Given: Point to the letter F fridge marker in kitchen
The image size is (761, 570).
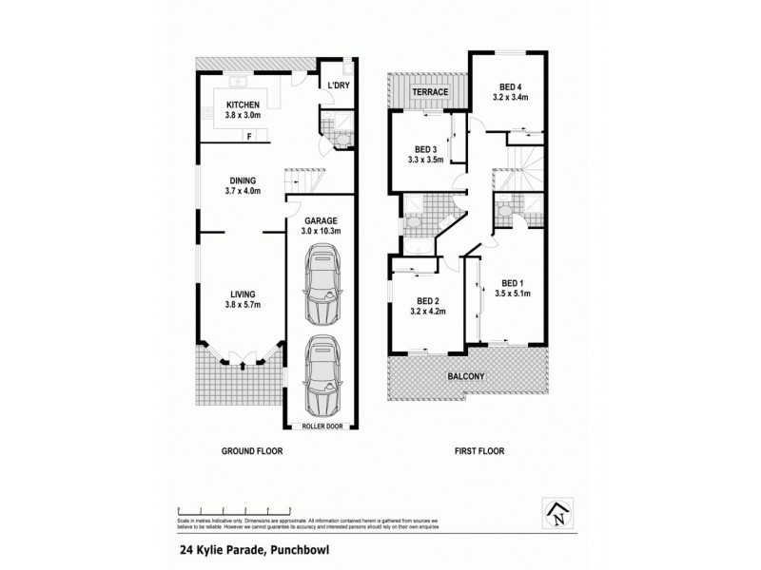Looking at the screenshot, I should pyautogui.click(x=249, y=137).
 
